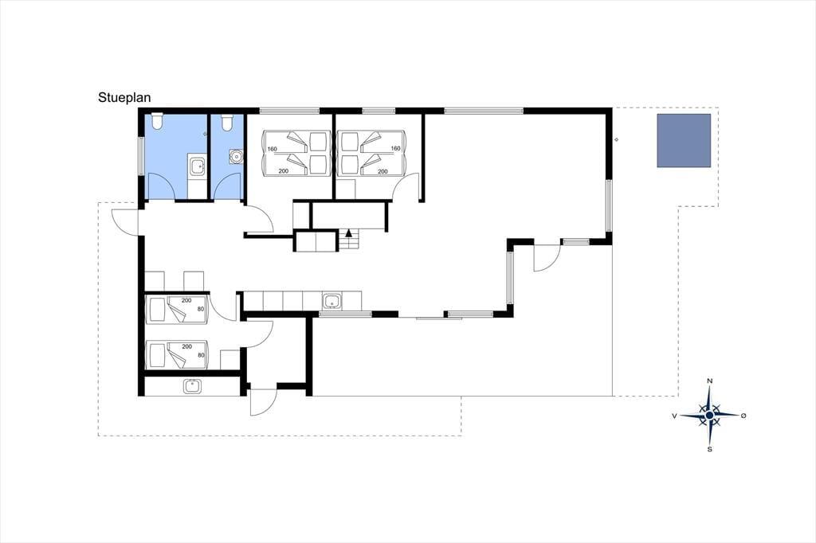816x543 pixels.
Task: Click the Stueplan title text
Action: point(124,98)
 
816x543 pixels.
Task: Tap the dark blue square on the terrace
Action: point(683,140)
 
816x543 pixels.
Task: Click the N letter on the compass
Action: point(709,381)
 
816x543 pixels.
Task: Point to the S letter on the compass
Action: point(709,449)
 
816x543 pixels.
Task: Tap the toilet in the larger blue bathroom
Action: point(157,121)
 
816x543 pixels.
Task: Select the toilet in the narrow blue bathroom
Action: point(226,122)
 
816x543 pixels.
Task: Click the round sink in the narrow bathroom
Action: point(236,155)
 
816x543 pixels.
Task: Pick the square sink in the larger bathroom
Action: point(198,167)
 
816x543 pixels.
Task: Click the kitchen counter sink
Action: point(331,301)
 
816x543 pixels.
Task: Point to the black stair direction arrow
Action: point(349,232)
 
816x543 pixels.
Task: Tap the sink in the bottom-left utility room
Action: point(192,386)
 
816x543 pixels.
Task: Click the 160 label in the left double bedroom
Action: point(273,149)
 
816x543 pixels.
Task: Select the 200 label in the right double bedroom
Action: point(382,171)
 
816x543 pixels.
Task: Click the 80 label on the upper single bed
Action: point(201,310)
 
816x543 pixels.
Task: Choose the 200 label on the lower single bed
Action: point(186,346)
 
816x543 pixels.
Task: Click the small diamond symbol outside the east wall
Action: point(617,139)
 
